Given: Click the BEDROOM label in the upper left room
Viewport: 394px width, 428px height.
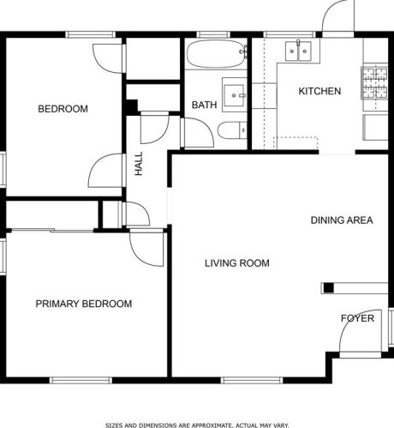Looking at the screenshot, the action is point(63,109).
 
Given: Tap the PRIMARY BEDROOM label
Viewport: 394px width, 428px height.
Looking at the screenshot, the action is point(84,304).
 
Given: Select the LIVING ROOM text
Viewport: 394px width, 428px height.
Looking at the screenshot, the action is point(237,263).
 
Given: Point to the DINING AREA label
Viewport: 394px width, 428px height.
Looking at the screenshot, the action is point(342,220).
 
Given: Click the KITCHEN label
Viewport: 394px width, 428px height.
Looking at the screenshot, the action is point(319,91).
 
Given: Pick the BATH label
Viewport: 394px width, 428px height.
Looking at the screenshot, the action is point(204,105).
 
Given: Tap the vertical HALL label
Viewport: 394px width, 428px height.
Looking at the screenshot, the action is point(139,164).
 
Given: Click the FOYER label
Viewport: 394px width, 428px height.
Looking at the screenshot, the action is point(357,318).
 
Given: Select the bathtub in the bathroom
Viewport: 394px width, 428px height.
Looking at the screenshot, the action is point(217,54).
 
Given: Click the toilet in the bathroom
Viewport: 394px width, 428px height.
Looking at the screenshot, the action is point(232,130).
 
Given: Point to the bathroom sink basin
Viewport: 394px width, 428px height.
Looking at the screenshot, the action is point(234,95).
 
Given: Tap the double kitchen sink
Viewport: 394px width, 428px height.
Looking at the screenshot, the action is point(298,51).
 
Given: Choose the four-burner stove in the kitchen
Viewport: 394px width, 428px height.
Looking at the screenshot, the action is point(374,83).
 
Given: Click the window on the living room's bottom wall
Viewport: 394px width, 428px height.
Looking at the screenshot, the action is point(252,380).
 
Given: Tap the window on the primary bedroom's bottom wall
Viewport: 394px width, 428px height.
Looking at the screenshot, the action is point(81,380).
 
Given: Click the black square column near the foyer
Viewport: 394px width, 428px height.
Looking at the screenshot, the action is point(329,288).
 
